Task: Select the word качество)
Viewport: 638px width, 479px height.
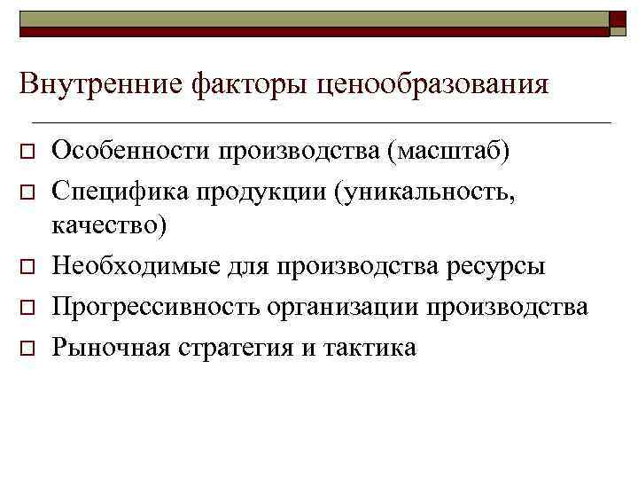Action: pyautogui.click(x=109, y=226)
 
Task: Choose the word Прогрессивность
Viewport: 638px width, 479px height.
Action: pyautogui.click(x=154, y=308)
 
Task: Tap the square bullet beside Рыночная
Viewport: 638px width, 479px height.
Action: pyautogui.click(x=27, y=349)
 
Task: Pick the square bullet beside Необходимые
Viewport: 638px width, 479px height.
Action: pyautogui.click(x=27, y=268)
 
